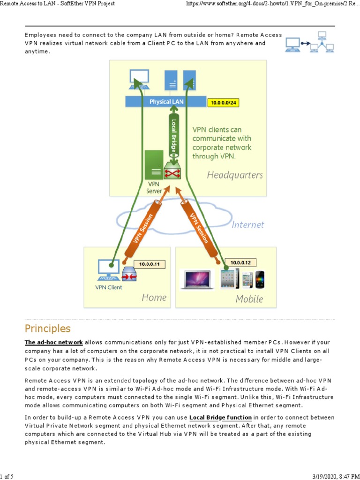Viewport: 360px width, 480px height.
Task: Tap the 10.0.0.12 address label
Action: [x=240, y=262]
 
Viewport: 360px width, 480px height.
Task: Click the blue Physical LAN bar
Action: [x=166, y=102]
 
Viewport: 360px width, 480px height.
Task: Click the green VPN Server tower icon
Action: [x=154, y=165]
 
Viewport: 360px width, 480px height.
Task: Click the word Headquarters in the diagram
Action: [x=235, y=175]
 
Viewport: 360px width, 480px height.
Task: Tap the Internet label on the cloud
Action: [x=247, y=225]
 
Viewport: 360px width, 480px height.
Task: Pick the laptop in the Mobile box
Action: [x=197, y=279]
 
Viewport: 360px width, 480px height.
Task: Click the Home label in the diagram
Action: [x=154, y=298]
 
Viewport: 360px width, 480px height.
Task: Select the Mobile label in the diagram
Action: [x=249, y=299]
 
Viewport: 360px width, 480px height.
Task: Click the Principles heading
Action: [x=47, y=328]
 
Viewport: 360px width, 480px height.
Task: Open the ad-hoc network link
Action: [x=53, y=342]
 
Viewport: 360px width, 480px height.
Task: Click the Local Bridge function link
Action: [x=221, y=417]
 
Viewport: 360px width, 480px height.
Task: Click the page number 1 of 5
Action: [x=8, y=476]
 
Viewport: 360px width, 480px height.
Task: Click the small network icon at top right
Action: [x=310, y=42]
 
